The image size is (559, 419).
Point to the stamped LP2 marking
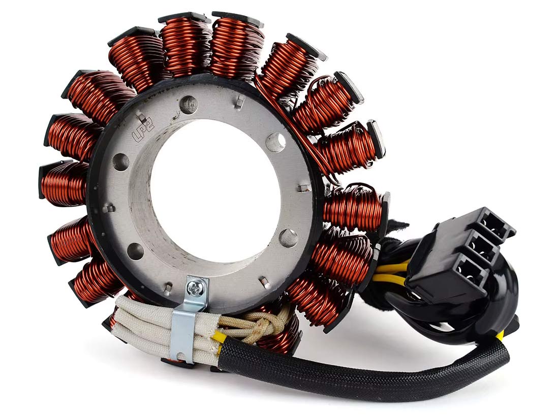[x=143, y=132]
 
